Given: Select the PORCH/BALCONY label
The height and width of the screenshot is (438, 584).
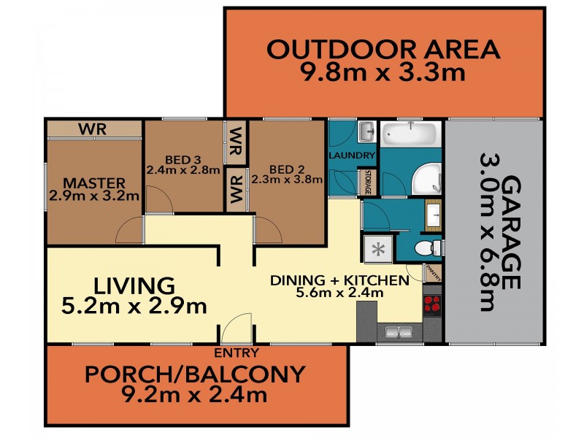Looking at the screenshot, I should (194, 374).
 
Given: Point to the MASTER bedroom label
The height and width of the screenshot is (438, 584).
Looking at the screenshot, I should (93, 182).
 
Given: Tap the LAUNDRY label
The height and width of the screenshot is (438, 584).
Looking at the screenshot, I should (351, 156).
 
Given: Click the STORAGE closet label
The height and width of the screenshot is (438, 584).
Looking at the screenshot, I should (368, 182).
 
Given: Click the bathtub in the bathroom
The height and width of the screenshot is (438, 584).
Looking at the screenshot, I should (409, 134).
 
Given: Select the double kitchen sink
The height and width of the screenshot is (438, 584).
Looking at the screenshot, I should (399, 334).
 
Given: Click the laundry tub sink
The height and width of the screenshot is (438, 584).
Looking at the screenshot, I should (366, 132).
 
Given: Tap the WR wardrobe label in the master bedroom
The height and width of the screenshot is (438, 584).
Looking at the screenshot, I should (93, 129).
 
